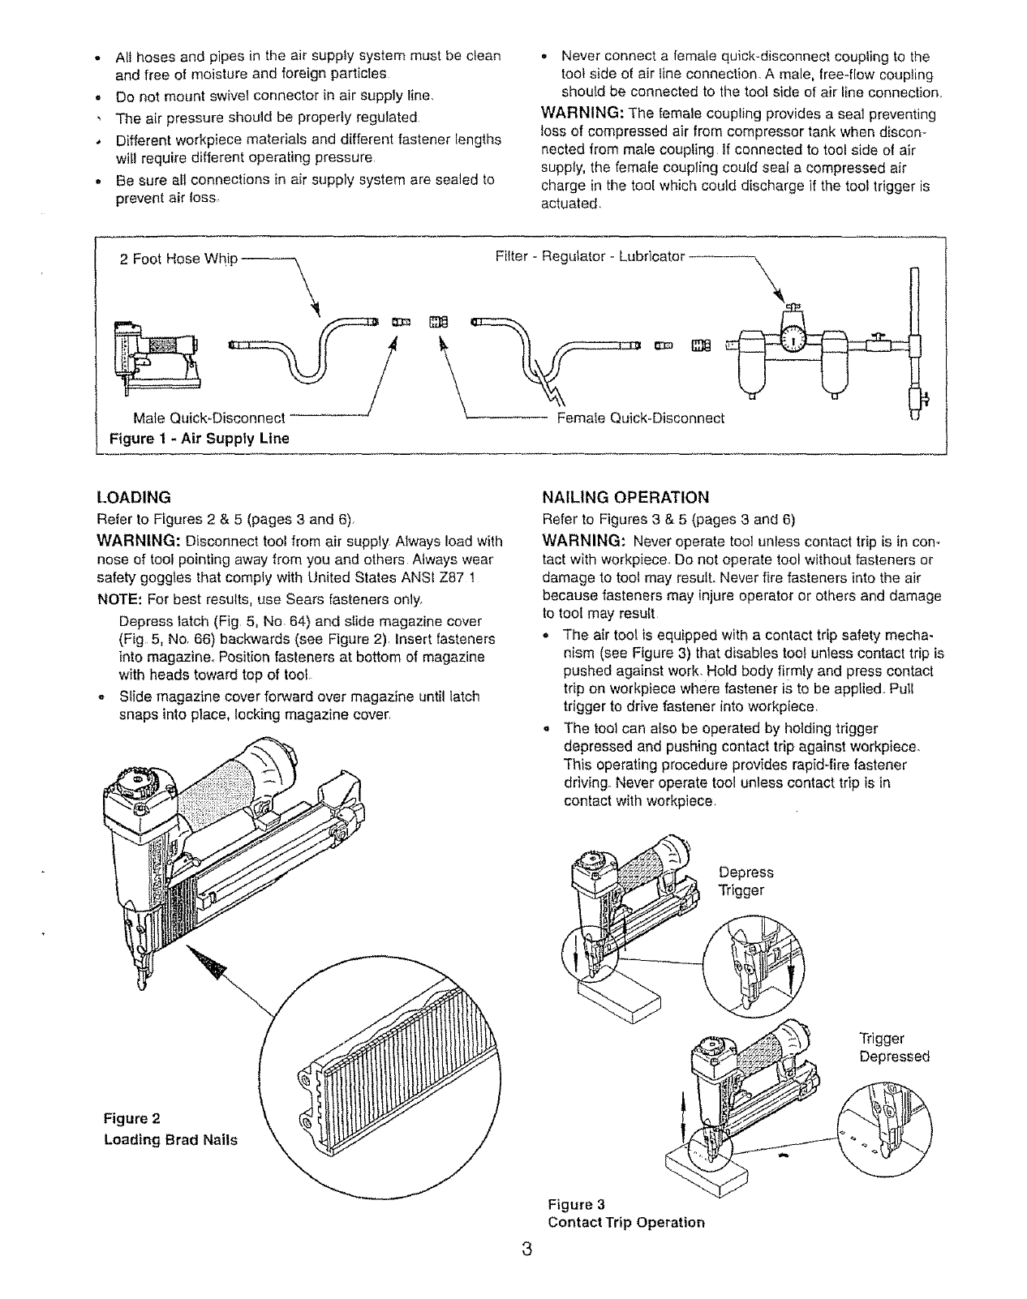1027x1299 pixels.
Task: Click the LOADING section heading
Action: pyautogui.click(x=133, y=496)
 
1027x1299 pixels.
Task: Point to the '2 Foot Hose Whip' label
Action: pyautogui.click(x=178, y=259)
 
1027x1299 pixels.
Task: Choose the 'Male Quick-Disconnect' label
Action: pyautogui.click(x=208, y=418)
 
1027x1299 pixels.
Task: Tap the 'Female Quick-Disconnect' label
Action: pyautogui.click(x=639, y=418)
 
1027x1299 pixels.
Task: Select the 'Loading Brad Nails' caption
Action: pyautogui.click(x=170, y=1139)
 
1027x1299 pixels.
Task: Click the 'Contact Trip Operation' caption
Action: pyautogui.click(x=626, y=1221)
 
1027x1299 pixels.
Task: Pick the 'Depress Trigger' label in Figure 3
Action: pyautogui.click(x=746, y=881)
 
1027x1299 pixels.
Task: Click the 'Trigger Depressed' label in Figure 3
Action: pyautogui.click(x=893, y=1048)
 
